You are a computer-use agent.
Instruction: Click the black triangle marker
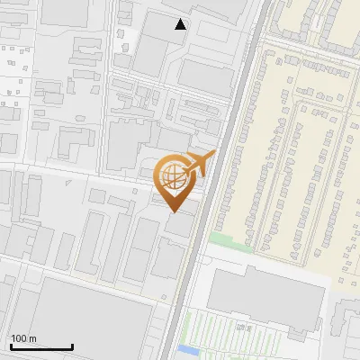tap(181, 24)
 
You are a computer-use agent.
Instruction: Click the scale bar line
tap(40, 346)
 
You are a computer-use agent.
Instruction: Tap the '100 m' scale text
tap(23, 338)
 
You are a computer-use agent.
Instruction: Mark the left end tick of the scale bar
tap(10, 345)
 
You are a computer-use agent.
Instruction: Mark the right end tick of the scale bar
tap(72, 345)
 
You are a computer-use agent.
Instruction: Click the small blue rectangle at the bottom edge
tap(187, 349)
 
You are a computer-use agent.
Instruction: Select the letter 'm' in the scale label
tap(32, 338)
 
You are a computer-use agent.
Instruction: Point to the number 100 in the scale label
tap(19, 338)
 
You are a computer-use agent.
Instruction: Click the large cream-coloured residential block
tap(297, 153)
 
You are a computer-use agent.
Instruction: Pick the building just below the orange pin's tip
tap(179, 225)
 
